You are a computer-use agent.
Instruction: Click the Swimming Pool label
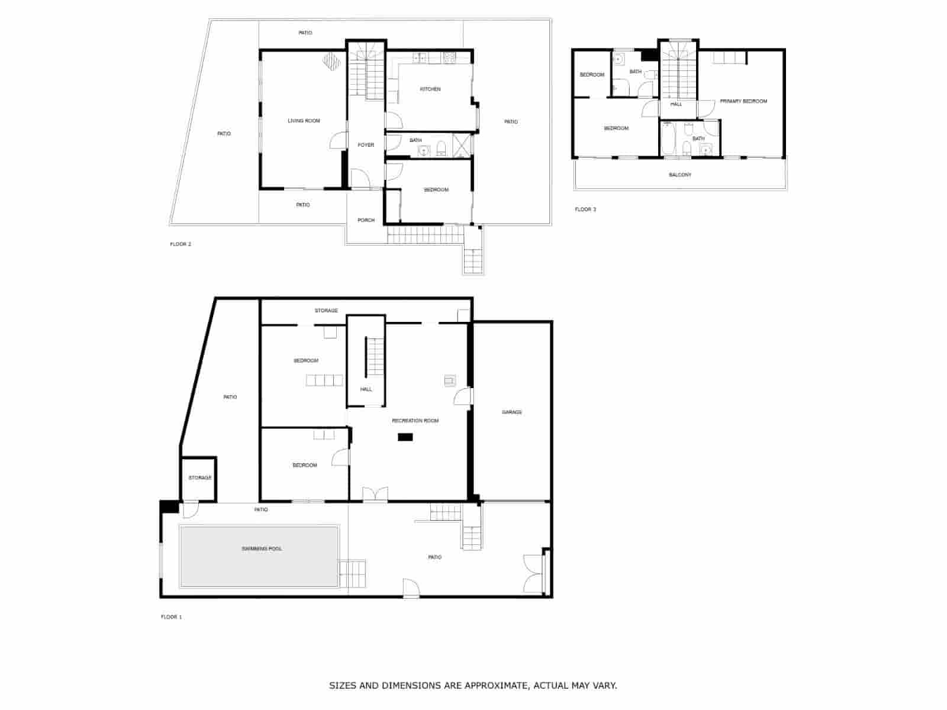262,549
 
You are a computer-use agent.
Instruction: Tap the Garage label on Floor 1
512,412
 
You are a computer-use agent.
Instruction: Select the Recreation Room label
415,420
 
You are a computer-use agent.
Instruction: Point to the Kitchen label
430,89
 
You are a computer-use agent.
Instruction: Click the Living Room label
304,121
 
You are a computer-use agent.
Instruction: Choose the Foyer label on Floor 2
366,145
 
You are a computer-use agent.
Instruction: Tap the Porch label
366,220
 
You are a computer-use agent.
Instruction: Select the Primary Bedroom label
743,101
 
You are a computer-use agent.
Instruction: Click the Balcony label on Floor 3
680,175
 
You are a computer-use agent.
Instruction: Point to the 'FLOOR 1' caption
171,617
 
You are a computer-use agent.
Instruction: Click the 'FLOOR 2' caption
181,244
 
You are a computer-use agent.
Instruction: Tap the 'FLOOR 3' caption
585,209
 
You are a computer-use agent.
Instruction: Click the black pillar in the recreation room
405,437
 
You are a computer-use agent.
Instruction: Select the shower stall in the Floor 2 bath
462,146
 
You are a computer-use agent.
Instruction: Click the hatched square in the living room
331,61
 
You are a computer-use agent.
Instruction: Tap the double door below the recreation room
375,494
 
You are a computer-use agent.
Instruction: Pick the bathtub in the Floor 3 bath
668,138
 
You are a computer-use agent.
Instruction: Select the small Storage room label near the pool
199,477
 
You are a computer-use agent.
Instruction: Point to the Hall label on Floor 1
366,389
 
